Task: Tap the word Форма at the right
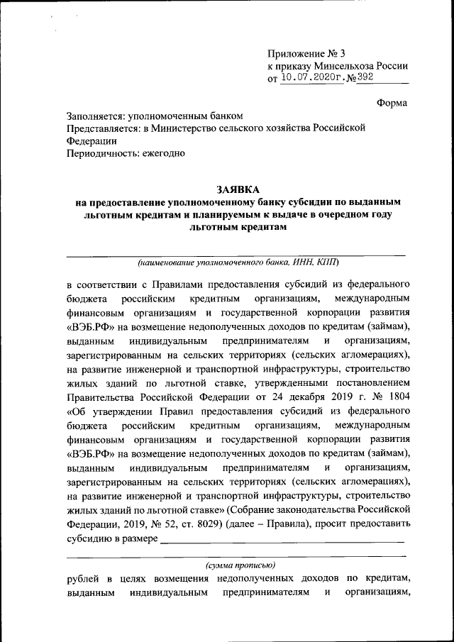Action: (x=392, y=103)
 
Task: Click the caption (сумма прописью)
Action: (x=238, y=565)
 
